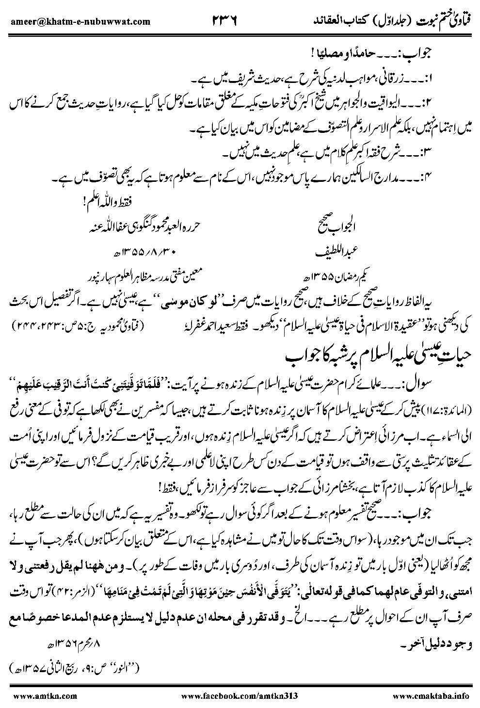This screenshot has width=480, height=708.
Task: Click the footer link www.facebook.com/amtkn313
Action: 240,695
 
